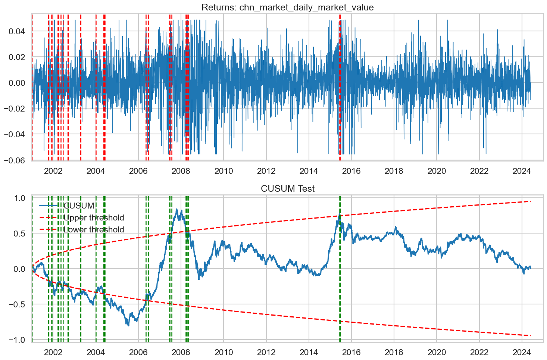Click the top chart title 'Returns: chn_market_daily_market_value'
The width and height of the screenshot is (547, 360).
pyautogui.click(x=287, y=7)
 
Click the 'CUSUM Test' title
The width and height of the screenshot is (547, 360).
pyautogui.click(x=287, y=189)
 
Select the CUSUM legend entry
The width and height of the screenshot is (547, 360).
pyautogui.click(x=79, y=206)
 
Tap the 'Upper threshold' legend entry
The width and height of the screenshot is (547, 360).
pyautogui.click(x=94, y=218)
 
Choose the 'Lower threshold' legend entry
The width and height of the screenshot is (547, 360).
pyautogui.click(x=94, y=230)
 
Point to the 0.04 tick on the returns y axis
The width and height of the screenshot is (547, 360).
pyautogui.click(x=17, y=32)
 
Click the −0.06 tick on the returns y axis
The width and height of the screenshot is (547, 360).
pyautogui.click(x=15, y=160)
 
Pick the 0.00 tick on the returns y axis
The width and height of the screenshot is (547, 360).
pyautogui.click(x=17, y=83)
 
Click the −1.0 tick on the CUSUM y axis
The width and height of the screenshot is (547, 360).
pyautogui.click(x=18, y=340)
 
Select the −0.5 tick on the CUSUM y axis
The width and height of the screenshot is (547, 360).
pyautogui.click(x=18, y=304)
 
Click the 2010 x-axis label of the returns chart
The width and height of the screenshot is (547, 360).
pyautogui.click(x=224, y=171)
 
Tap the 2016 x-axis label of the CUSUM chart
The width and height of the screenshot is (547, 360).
pyautogui.click(x=351, y=352)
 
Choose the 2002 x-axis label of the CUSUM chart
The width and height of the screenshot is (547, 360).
pyautogui.click(x=53, y=352)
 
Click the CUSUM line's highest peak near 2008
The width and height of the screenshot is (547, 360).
pyautogui.click(x=176, y=210)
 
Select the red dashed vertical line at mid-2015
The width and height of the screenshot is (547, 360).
pyautogui.click(x=340, y=112)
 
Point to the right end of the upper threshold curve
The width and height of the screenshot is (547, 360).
pyautogui.click(x=530, y=201)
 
